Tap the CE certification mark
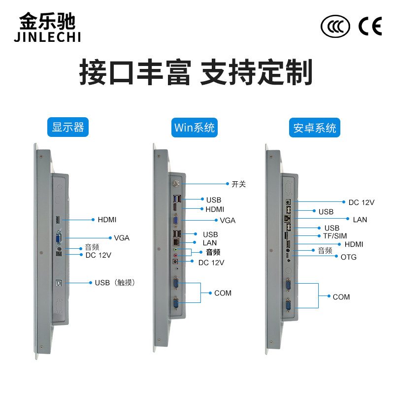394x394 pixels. (x=369, y=26)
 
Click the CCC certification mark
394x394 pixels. (x=335, y=27)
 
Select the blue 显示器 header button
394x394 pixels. (x=68, y=128)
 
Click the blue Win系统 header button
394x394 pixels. (x=195, y=128)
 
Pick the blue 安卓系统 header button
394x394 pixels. (x=315, y=128)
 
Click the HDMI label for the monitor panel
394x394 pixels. (x=107, y=220)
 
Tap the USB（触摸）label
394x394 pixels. (x=115, y=283)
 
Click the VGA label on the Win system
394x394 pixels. (x=228, y=220)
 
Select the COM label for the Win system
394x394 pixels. (x=223, y=293)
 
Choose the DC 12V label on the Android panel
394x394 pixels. (x=361, y=202)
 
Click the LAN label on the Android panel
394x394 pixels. (x=360, y=219)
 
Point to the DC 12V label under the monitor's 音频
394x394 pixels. (x=98, y=255)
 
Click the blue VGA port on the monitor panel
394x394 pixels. (x=59, y=239)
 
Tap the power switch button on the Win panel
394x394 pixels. (x=176, y=184)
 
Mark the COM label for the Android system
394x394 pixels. (x=341, y=297)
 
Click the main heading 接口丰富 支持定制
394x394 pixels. (x=196, y=73)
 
